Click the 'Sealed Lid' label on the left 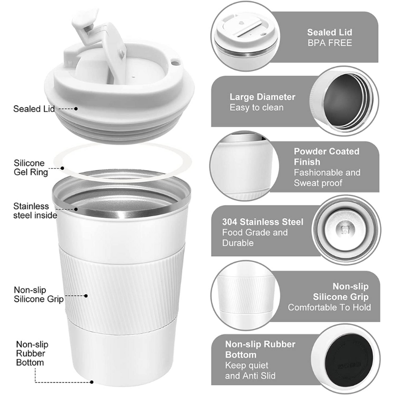(34, 108)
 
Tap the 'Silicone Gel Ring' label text (31, 167)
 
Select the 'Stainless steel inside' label (35, 210)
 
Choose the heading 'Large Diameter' (262, 97)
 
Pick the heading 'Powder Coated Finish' (326, 157)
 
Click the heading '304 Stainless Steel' (263, 222)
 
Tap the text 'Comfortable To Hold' (329, 307)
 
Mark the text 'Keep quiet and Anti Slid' (250, 371)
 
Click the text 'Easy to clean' (256, 107)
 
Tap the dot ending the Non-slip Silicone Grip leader (86, 296)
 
